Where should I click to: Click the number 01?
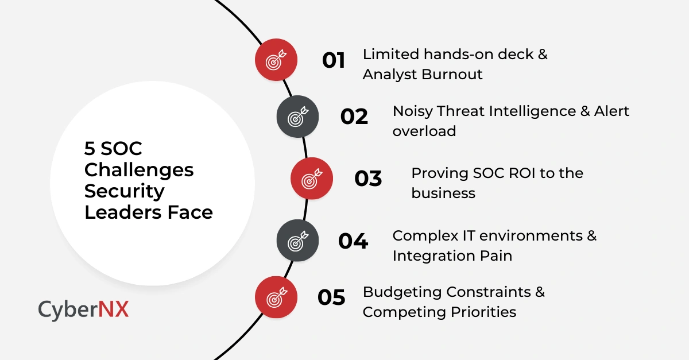[334, 60]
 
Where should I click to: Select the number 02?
[354, 117]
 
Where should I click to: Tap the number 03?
[368, 179]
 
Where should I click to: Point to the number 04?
[353, 241]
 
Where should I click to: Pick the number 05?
[331, 297]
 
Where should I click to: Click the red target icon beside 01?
[276, 59]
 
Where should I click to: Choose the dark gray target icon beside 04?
[297, 240]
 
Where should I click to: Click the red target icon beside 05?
[276, 297]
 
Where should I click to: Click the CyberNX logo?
[83, 309]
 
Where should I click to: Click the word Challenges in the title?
[139, 171]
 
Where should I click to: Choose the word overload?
[424, 131]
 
